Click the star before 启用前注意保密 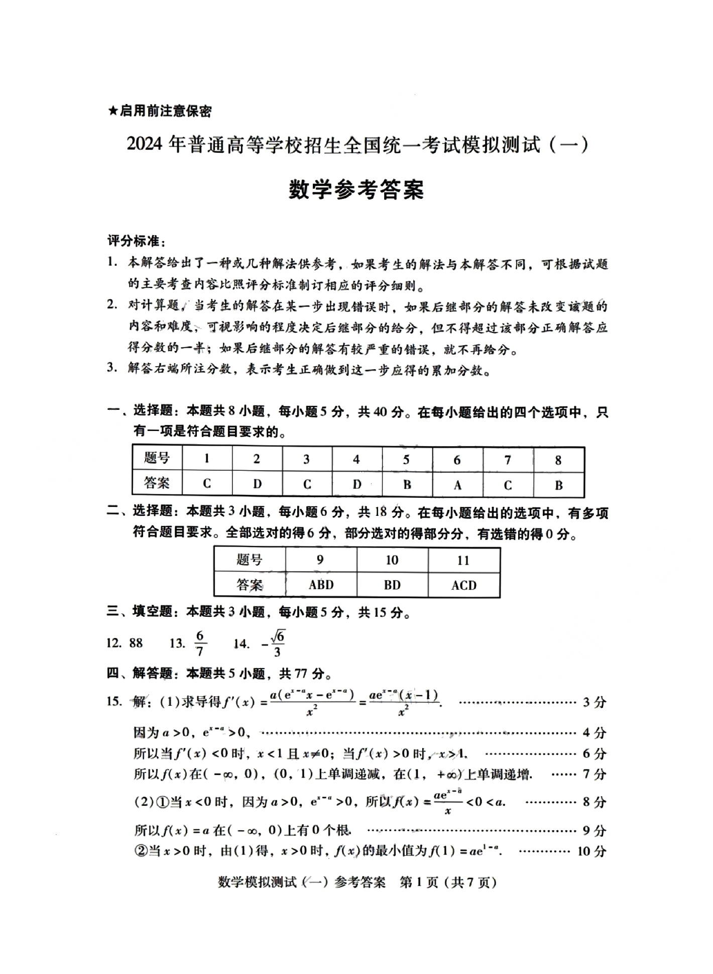[x=112, y=111]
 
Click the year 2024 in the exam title [x=145, y=145]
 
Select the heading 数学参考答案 [x=356, y=190]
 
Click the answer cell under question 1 [x=207, y=483]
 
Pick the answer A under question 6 [x=457, y=485]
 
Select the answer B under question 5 [x=407, y=484]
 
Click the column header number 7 [x=508, y=460]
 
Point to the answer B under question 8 [x=558, y=485]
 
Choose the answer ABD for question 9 [x=321, y=585]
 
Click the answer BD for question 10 [x=392, y=585]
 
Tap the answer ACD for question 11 [x=464, y=585]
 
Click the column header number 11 [x=463, y=560]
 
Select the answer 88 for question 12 [x=136, y=643]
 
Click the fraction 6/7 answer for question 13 [x=200, y=643]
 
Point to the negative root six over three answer [x=274, y=643]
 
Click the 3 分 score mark [x=595, y=702]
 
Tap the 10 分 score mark [x=592, y=851]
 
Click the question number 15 [x=114, y=701]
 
